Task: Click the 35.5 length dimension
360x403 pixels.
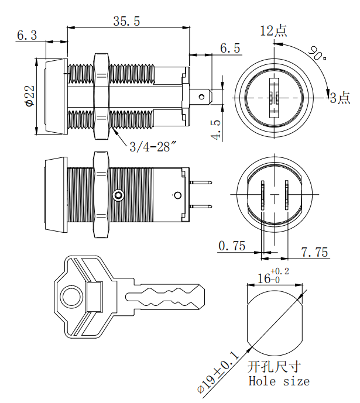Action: click(126, 20)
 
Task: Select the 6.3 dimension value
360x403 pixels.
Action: click(26, 35)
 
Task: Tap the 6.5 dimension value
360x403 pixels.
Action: click(230, 49)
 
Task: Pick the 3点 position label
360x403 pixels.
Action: click(340, 98)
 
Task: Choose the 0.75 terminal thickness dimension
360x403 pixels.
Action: click(232, 246)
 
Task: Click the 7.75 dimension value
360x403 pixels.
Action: click(315, 252)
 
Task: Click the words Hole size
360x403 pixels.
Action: click(279, 381)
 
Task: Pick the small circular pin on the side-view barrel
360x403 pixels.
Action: click(119, 195)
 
